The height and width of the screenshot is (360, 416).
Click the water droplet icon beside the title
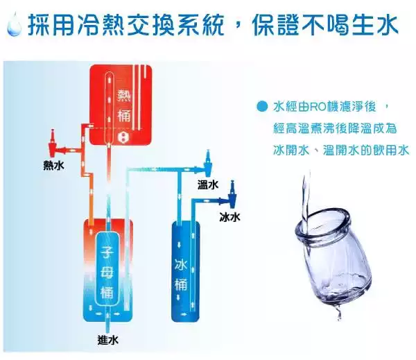pos(14,24)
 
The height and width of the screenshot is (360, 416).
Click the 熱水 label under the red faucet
pos(53,166)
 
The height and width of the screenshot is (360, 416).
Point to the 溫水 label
pos(208,185)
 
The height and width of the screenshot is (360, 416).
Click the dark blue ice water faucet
pos(232,194)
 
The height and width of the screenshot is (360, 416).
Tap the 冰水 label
pos(229,217)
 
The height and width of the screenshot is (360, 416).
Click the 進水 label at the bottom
pos(107,340)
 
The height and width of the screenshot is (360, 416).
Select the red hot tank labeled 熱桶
pos(121,105)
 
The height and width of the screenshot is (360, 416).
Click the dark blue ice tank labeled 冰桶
pos(185,271)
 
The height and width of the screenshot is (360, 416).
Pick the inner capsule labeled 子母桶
pos(107,269)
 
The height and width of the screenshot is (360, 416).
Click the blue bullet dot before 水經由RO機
pos(262,107)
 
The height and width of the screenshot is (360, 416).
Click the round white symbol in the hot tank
pos(123,137)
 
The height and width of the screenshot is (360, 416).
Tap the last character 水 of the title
pos(386,24)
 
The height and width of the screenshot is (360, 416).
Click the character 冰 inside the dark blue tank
pos(181,265)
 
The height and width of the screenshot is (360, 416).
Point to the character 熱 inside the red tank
pos(124,96)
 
